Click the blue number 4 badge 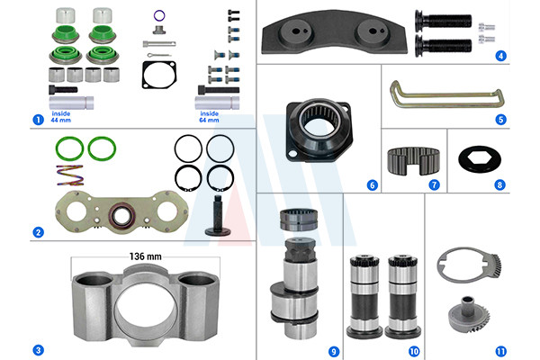pyautogui.click(x=500, y=56)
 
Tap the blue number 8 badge pyautogui.click(x=499, y=185)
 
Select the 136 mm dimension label pyautogui.click(x=145, y=256)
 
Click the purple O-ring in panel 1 pyautogui.click(x=159, y=15)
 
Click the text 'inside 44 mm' pyautogui.click(x=61, y=117)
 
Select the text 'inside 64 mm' pyautogui.click(x=209, y=117)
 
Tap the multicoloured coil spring pyautogui.click(x=70, y=175)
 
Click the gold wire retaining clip pyautogui.click(x=447, y=94)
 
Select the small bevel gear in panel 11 pyautogui.click(x=469, y=314)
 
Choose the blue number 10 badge pyautogui.click(x=414, y=351)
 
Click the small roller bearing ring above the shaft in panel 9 pyautogui.click(x=299, y=220)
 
